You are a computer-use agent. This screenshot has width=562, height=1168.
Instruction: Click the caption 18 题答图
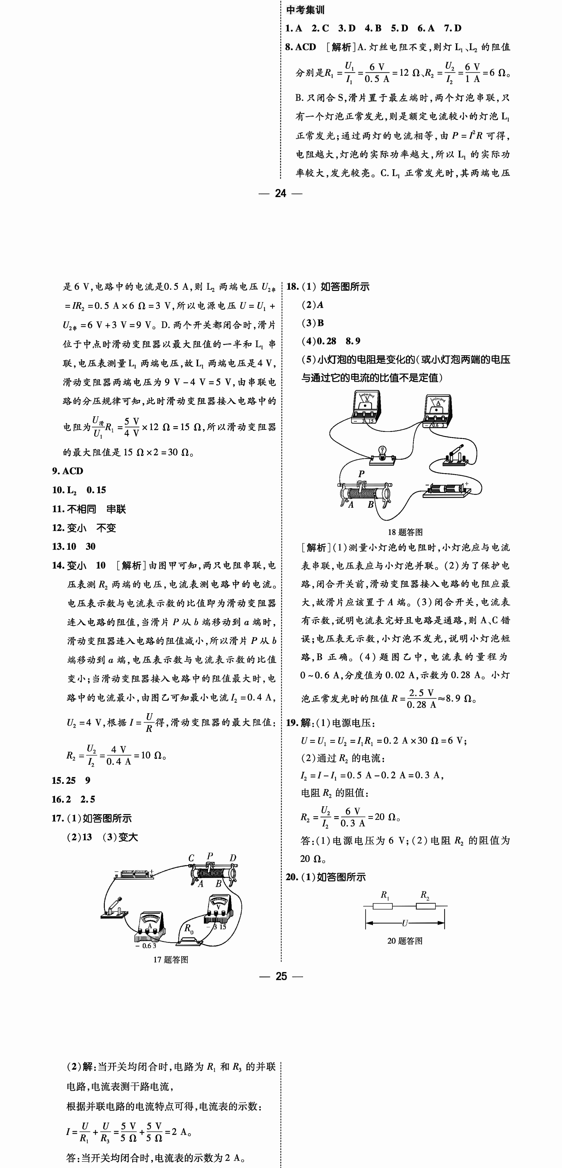coord(405,532)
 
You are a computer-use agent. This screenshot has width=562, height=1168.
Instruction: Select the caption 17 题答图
coord(171,959)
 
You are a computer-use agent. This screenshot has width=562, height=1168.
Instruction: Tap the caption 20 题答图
coord(405,941)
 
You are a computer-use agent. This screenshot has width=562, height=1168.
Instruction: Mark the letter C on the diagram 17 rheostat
coord(191,858)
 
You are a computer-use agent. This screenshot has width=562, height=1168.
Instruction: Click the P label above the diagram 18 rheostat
coord(361,474)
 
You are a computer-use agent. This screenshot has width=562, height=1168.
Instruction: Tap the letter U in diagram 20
coord(405,922)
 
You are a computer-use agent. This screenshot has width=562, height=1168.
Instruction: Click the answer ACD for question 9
coord(73,471)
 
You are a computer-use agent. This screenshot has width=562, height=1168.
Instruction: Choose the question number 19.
coord(292,723)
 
